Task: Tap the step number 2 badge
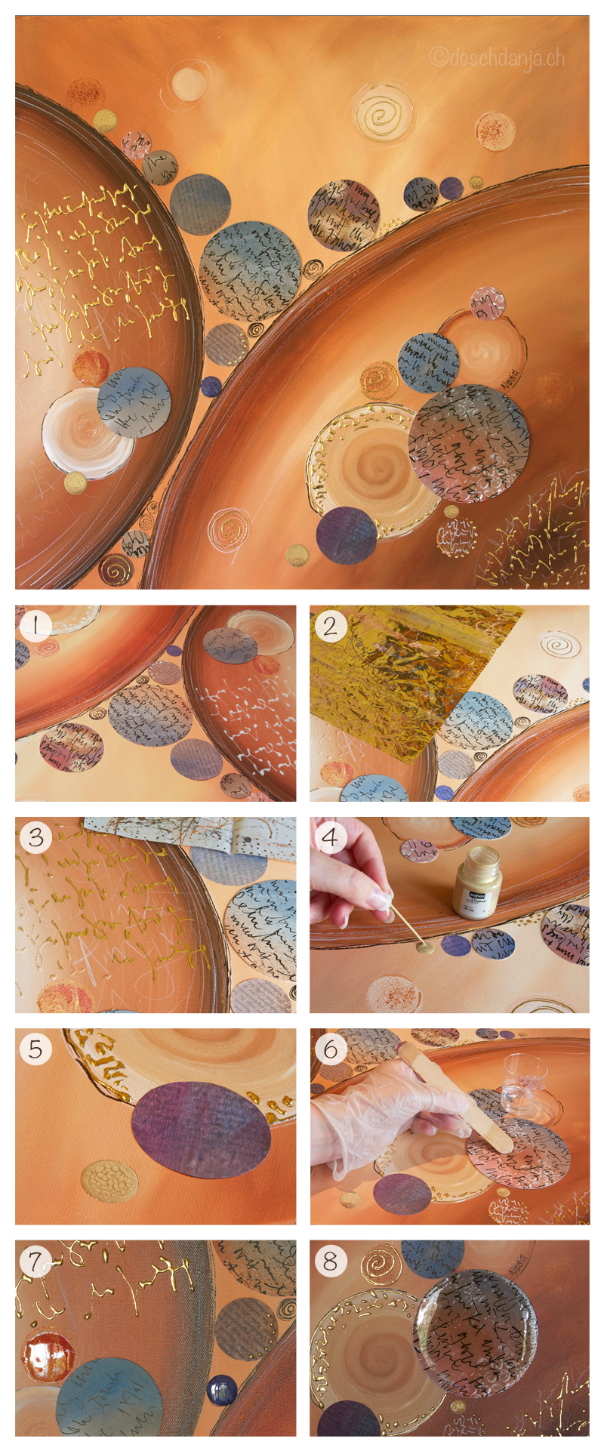point(331,626)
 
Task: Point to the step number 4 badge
point(331,837)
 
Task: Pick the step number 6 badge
point(331,1049)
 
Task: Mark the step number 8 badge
point(331,1260)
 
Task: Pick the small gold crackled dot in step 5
point(109,1181)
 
